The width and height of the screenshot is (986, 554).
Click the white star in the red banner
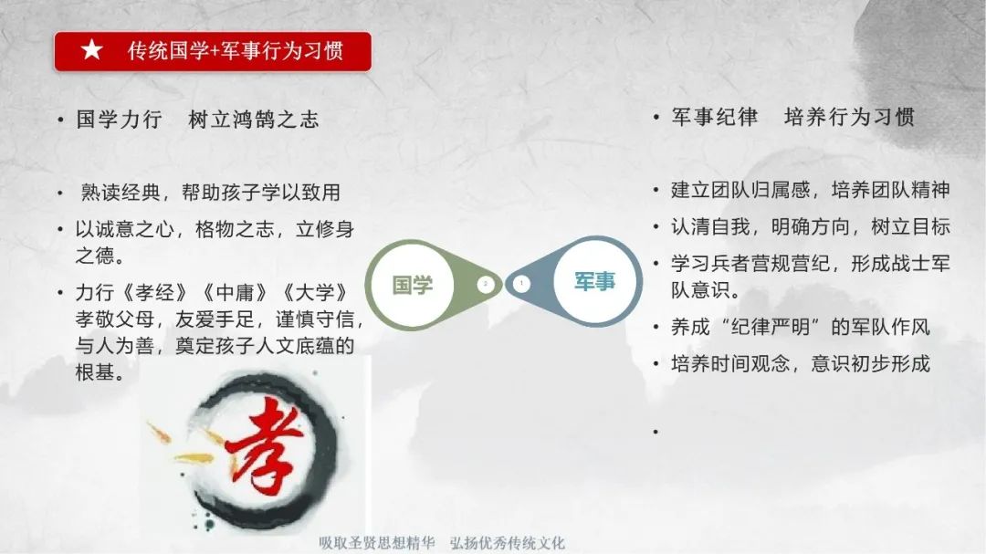(x=92, y=49)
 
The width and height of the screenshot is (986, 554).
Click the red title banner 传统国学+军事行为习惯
(x=213, y=51)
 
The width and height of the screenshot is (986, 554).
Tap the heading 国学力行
(x=119, y=119)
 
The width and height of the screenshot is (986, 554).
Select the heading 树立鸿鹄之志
(x=254, y=119)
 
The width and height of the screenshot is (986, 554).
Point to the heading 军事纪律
(x=714, y=116)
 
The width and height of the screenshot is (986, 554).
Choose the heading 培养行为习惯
(x=849, y=116)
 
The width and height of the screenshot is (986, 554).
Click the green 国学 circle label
(x=413, y=285)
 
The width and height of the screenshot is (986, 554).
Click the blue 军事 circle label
(x=595, y=281)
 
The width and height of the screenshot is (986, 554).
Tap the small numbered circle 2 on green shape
(x=486, y=284)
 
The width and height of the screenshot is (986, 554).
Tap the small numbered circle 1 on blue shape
(x=521, y=284)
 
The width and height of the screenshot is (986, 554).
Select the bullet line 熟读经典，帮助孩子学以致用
(x=211, y=193)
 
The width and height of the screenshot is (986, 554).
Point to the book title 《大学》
(x=315, y=292)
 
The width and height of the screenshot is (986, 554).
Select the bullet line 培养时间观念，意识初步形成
(x=801, y=363)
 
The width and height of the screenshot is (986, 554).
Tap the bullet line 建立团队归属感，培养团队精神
(x=811, y=189)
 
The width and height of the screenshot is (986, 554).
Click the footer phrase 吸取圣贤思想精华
(x=377, y=543)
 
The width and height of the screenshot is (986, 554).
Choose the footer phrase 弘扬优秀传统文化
(x=508, y=543)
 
